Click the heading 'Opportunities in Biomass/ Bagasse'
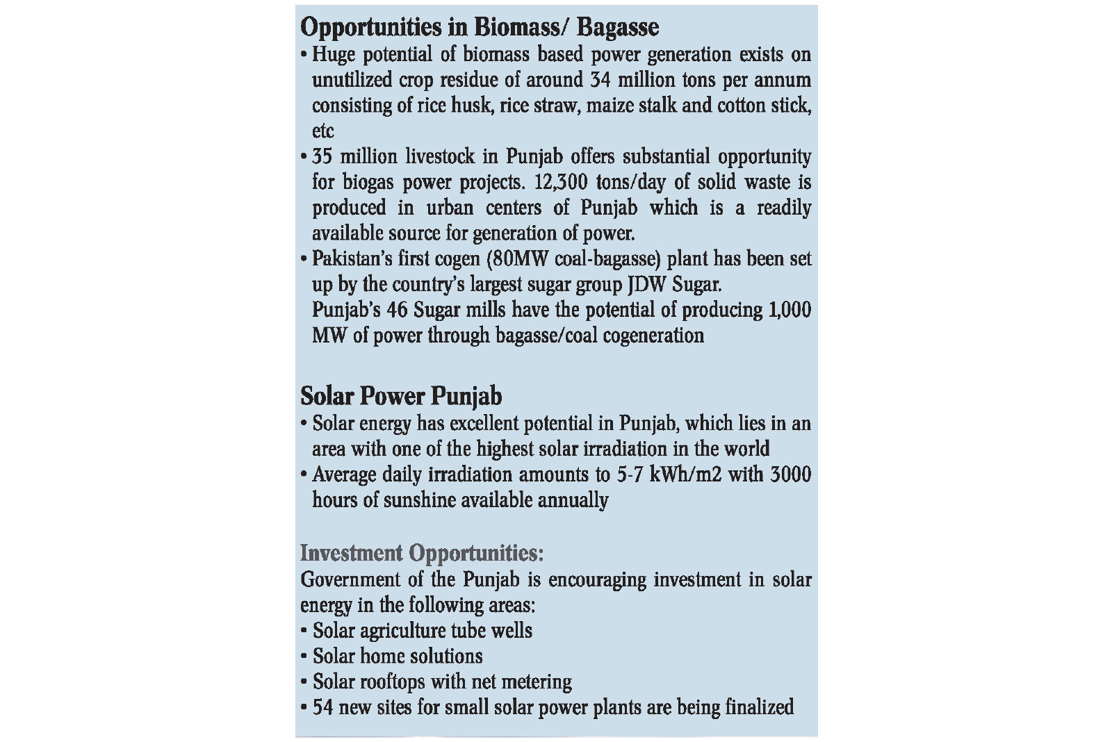coord(480,28)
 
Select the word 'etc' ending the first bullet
coord(323,131)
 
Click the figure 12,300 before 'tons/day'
coord(562,182)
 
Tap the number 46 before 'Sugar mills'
coord(396,310)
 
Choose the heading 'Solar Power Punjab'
coord(401,397)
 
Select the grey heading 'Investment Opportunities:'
coord(422,554)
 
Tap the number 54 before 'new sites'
coord(323,708)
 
